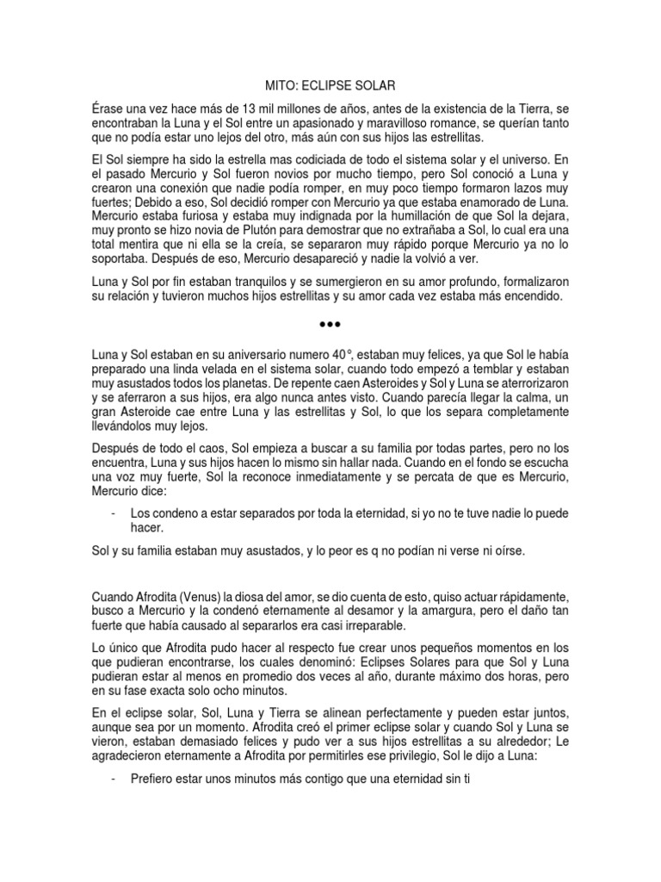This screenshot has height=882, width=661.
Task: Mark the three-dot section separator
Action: click(330, 325)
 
